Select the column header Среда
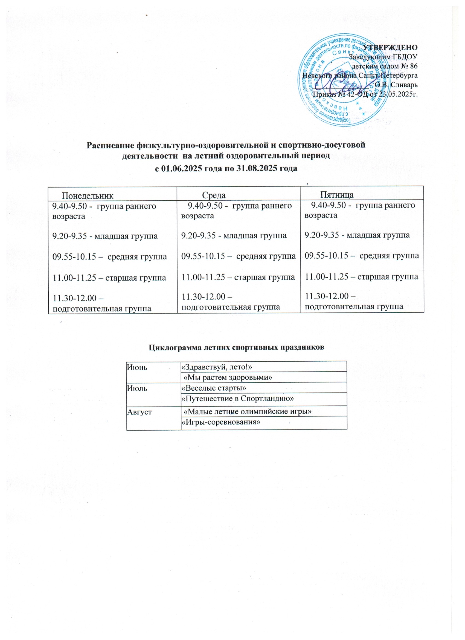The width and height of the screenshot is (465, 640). [x=214, y=195]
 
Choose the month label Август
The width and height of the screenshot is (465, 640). [x=139, y=412]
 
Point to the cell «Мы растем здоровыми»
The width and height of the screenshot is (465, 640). [x=228, y=377]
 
